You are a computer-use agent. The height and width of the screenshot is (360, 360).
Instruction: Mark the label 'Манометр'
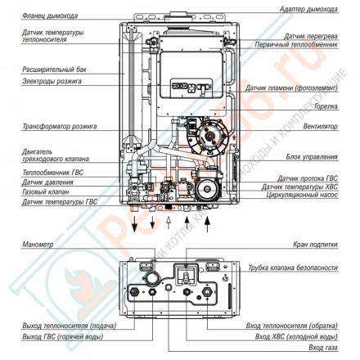38,245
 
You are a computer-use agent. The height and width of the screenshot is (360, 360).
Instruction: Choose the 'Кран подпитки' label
315,245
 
